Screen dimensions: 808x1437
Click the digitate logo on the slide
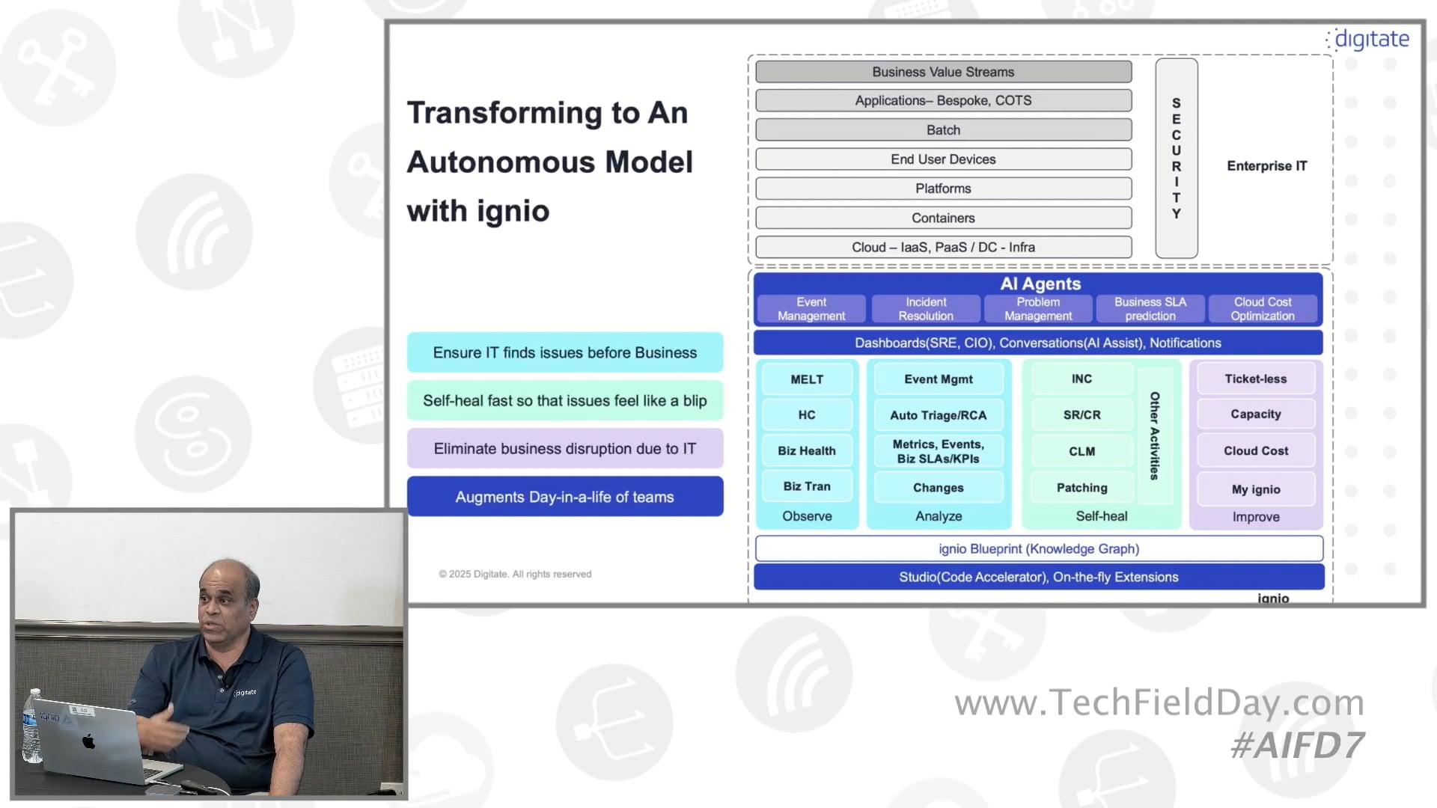[1370, 39]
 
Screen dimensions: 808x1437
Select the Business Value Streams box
[943, 72]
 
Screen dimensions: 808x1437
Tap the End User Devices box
[943, 159]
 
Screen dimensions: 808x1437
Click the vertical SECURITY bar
[1176, 159]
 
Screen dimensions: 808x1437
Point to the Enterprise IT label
[1266, 166]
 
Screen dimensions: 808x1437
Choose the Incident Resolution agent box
[925, 309]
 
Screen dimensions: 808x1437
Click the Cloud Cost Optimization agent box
[1262, 309]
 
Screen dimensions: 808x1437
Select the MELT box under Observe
[807, 379]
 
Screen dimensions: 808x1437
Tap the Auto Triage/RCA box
[938, 415]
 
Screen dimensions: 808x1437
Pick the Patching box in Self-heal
[1081, 488]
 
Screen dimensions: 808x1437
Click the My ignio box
[1255, 489]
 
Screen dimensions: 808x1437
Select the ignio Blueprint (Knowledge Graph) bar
[1038, 549]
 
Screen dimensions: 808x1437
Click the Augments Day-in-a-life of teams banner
[564, 497]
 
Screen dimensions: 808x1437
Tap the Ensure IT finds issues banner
[564, 352]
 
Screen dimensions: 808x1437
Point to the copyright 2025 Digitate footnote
[515, 574]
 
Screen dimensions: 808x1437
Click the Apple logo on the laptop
[89, 741]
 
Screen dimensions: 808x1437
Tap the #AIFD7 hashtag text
[1297, 745]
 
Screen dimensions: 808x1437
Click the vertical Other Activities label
[1154, 435]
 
